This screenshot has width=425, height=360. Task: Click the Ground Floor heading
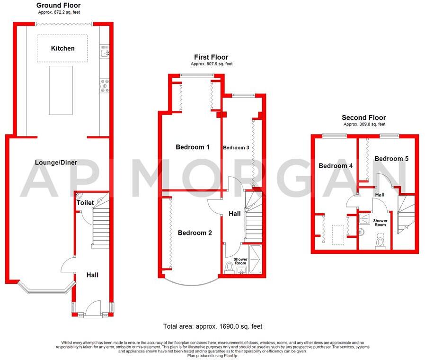(x=58, y=5)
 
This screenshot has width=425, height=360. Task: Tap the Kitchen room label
(x=63, y=48)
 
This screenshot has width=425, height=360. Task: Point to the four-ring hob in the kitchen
(x=105, y=86)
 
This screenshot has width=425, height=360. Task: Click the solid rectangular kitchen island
(x=61, y=90)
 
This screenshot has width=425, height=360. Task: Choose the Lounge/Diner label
(x=56, y=162)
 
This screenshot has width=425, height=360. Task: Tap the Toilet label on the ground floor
(x=85, y=203)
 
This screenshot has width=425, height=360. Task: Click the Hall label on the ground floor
(x=92, y=275)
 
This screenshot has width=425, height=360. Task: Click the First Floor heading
(x=211, y=57)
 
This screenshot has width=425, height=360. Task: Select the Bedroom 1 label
(x=192, y=147)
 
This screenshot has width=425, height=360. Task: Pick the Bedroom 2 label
(x=195, y=233)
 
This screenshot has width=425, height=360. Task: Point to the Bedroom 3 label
(x=236, y=147)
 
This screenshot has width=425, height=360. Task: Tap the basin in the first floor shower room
(x=242, y=270)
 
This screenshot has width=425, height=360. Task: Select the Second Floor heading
(x=363, y=117)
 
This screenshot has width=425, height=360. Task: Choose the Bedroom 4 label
(x=336, y=166)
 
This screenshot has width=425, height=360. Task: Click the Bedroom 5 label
(x=391, y=159)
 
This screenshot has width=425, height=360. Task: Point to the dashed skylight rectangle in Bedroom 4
(x=338, y=234)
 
